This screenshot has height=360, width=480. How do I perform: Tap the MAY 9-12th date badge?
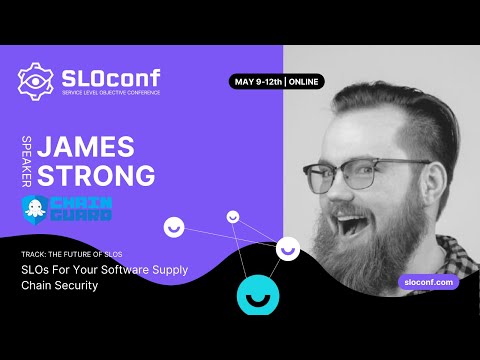[257, 82]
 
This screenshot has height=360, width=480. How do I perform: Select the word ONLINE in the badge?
[306, 82]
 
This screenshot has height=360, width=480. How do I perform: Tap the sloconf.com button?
[428, 283]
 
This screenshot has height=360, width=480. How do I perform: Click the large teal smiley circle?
[256, 295]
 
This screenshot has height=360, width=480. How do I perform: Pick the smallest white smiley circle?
[233, 216]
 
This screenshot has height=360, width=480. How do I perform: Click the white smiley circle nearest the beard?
[288, 248]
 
